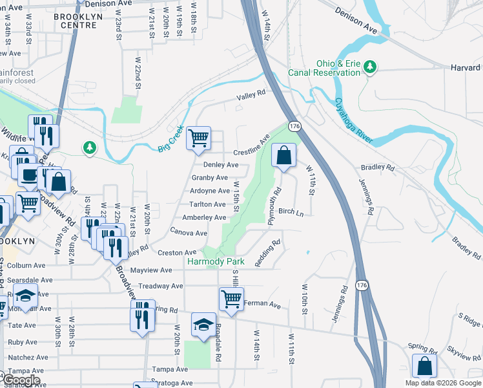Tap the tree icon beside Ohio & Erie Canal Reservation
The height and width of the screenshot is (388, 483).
pyautogui.click(x=370, y=66)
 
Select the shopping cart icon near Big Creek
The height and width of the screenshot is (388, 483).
pyautogui.click(x=199, y=138)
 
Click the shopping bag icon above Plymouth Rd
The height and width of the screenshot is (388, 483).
pyautogui.click(x=283, y=155)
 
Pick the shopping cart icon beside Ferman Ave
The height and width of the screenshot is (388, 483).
pyautogui.click(x=231, y=299)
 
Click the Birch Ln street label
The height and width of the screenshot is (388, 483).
pyautogui.click(x=291, y=211)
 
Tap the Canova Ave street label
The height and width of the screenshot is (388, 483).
pyautogui.click(x=189, y=232)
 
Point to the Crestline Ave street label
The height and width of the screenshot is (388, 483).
pyautogui.click(x=251, y=145)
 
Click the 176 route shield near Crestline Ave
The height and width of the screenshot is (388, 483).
pyautogui.click(x=294, y=125)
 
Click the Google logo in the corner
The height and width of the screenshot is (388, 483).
pyautogui.click(x=21, y=380)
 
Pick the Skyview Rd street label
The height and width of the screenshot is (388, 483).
pyautogui.click(x=463, y=354)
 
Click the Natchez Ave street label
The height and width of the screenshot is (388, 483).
pyautogui.click(x=28, y=356)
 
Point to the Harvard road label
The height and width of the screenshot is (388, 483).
pyautogui.click(x=465, y=68)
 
